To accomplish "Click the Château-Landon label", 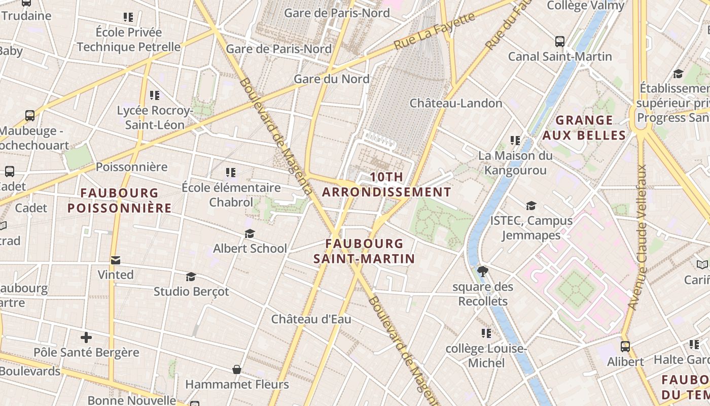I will pyautogui.click(x=455, y=103).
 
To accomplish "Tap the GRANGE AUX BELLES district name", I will pyautogui.click(x=584, y=127).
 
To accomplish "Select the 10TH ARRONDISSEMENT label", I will pyautogui.click(x=386, y=185).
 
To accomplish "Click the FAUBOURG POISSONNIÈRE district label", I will pyautogui.click(x=120, y=200).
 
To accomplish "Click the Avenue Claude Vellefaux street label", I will pyautogui.click(x=638, y=237).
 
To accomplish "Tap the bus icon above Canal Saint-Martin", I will pyautogui.click(x=560, y=42).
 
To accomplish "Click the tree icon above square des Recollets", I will pyautogui.click(x=483, y=272).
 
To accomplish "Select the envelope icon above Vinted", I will pyautogui.click(x=116, y=260).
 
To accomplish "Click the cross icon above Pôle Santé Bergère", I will pyautogui.click(x=86, y=337).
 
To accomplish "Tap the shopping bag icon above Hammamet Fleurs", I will pyautogui.click(x=236, y=369).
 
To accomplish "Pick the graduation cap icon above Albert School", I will pyautogui.click(x=250, y=233).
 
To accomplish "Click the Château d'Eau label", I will pyautogui.click(x=311, y=319).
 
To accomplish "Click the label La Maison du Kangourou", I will pyautogui.click(x=515, y=162).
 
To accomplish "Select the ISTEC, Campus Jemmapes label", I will pyautogui.click(x=531, y=228).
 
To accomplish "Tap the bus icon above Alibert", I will pyautogui.click(x=625, y=347).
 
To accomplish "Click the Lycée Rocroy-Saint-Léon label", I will pyautogui.click(x=155, y=117).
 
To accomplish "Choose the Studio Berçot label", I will pyautogui.click(x=191, y=291).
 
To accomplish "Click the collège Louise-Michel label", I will pyautogui.click(x=486, y=356).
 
